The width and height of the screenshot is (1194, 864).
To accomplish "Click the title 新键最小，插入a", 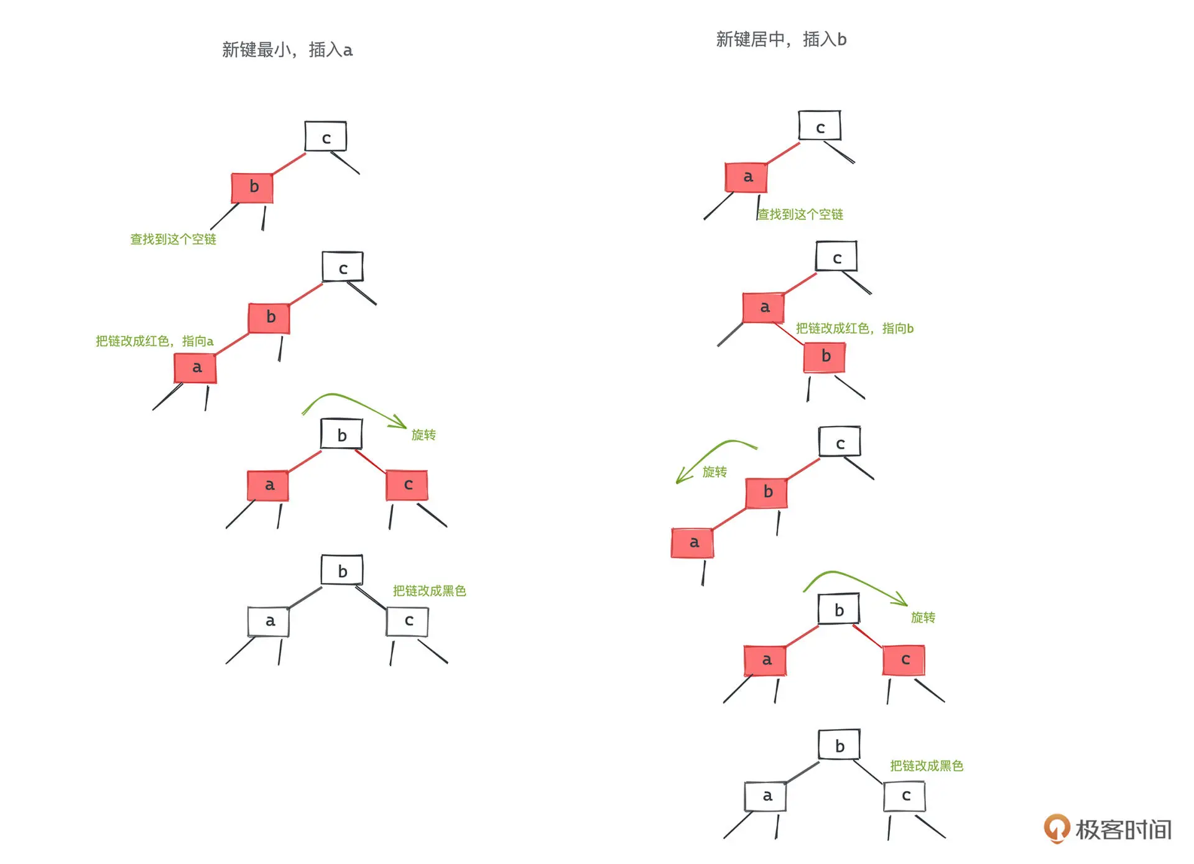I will tap(287, 50).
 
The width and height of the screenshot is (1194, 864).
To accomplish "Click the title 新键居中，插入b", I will tap(781, 39).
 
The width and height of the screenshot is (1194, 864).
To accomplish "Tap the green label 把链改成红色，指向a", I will tap(154, 341).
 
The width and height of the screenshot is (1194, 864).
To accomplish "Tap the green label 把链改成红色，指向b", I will tap(854, 328).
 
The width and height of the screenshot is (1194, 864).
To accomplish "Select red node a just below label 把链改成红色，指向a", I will tap(196, 368).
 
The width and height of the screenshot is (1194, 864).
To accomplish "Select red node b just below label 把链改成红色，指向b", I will tap(825, 356).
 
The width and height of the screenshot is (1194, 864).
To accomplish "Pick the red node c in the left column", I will tap(407, 485).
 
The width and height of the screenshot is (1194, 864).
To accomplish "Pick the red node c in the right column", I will tap(904, 660).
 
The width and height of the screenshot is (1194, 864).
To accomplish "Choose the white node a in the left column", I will tap(269, 621).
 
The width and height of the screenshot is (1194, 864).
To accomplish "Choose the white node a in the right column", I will tap(766, 796).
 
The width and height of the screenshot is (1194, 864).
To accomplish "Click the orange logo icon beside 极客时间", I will tap(1056, 829).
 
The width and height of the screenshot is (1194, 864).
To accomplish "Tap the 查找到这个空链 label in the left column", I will tap(173, 239).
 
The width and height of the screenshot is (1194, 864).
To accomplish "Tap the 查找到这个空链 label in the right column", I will tap(800, 215).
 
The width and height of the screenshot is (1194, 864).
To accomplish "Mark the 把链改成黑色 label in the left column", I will tap(429, 590).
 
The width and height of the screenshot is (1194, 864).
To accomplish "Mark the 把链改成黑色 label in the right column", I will tap(927, 766).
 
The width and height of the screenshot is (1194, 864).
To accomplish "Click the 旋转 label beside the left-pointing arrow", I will tap(715, 472).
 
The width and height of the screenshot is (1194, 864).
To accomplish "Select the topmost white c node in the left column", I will tap(326, 137).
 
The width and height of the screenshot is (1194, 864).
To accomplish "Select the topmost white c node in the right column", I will tap(820, 126).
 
